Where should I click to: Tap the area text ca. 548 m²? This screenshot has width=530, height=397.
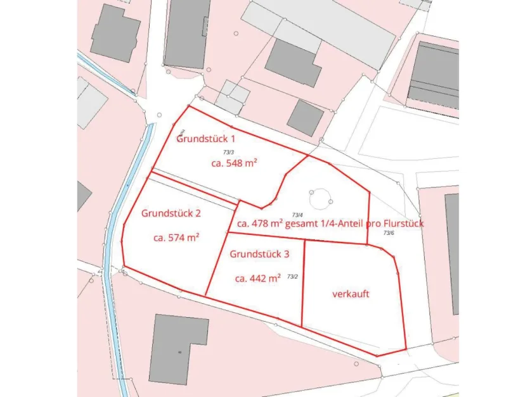click(x=233, y=163)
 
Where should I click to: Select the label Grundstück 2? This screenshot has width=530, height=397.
click(x=171, y=213)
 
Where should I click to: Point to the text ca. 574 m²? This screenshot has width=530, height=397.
click(x=176, y=238)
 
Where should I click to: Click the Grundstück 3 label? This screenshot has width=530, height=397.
click(x=259, y=254)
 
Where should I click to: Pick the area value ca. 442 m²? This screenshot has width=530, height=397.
click(x=257, y=278)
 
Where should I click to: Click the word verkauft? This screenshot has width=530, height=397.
click(x=351, y=294)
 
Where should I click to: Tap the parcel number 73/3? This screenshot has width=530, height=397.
click(x=228, y=152)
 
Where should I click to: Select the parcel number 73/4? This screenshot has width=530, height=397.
click(x=297, y=215)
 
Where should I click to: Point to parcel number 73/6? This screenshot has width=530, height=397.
click(x=388, y=233)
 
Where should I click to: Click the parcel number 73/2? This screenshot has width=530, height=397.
click(x=292, y=276)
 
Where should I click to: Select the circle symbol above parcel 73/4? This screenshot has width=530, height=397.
click(x=320, y=198)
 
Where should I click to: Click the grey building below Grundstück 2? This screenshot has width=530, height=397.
click(x=178, y=348)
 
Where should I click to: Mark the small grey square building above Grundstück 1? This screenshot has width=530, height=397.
click(x=305, y=117)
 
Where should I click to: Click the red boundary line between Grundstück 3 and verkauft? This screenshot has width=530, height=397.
click(x=304, y=282)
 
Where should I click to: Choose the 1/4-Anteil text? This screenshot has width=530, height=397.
click(x=347, y=224)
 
